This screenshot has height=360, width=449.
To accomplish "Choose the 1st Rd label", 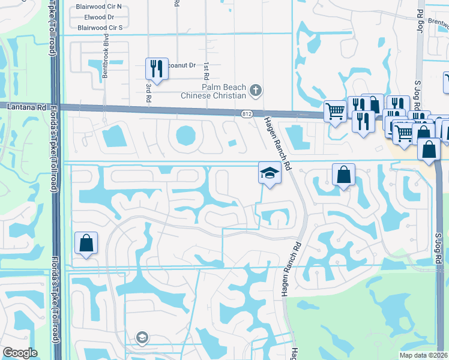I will (205, 70).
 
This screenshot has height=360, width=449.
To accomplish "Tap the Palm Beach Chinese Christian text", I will (215, 91).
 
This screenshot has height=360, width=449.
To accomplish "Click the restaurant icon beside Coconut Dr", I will (156, 68).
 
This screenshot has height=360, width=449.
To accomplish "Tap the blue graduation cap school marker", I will (270, 173).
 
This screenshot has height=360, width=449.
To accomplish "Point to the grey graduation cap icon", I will (142, 337).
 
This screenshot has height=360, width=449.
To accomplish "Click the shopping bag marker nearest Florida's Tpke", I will (86, 244).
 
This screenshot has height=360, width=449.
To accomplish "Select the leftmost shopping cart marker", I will (334, 110).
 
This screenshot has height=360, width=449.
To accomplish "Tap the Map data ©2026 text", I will (424, 355).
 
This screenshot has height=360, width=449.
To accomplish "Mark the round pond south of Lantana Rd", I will (185, 135).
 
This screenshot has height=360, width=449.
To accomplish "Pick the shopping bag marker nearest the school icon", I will (343, 175).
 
